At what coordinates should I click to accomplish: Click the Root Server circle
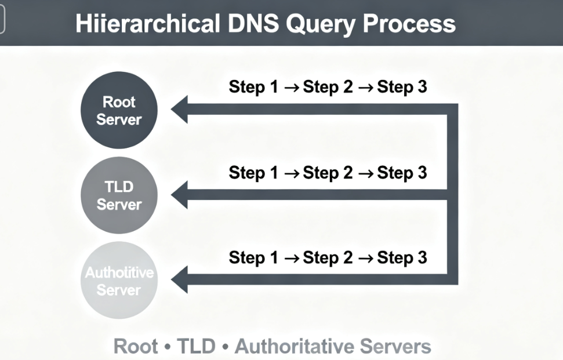[119, 110]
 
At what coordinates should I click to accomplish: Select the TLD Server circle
[119, 195]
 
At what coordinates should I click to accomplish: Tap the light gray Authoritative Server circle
[119, 281]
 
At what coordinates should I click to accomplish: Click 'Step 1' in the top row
[254, 87]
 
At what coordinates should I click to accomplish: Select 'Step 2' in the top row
[328, 87]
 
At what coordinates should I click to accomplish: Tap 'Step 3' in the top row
[402, 87]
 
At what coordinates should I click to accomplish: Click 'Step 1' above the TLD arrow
[254, 172]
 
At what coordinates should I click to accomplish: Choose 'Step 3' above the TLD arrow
[402, 172]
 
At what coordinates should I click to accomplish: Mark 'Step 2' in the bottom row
[328, 257]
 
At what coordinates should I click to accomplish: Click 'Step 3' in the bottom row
[402, 257]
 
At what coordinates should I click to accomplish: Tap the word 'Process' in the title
[409, 24]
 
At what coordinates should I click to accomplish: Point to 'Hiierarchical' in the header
[147, 24]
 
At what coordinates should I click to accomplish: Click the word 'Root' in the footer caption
[136, 347]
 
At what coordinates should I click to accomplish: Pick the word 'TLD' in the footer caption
[196, 347]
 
